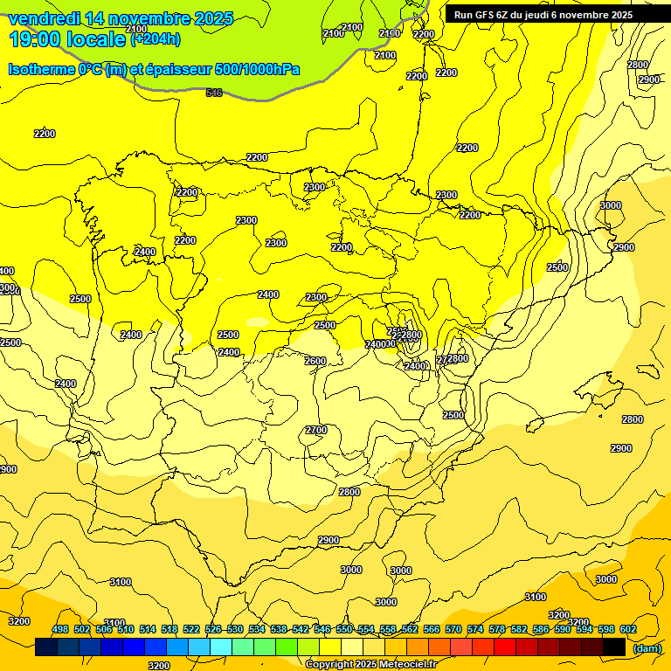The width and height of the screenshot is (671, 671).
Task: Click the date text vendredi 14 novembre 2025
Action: [x=121, y=18]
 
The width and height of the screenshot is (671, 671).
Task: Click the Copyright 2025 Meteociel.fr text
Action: [x=370, y=664]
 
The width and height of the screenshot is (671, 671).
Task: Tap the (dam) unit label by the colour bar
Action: [x=647, y=647]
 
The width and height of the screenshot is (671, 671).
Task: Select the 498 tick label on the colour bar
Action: [x=60, y=630]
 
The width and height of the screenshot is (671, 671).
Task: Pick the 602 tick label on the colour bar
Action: [x=627, y=630]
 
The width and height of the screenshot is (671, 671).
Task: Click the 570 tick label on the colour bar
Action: [x=453, y=630]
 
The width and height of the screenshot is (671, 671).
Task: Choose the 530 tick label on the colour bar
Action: [x=235, y=630]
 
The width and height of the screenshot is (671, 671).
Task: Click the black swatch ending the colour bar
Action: [x=614, y=647]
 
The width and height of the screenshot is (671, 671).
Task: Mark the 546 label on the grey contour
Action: [x=214, y=93]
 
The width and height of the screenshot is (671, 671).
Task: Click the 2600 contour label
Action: [x=315, y=361]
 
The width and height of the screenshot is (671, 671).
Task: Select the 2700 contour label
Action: [x=316, y=430]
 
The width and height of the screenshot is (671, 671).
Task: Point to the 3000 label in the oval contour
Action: [x=611, y=205]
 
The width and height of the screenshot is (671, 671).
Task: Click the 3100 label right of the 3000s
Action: [x=536, y=597]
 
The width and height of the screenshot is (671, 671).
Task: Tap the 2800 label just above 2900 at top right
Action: [x=638, y=65]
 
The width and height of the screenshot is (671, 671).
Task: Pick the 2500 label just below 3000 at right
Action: [x=557, y=267]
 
